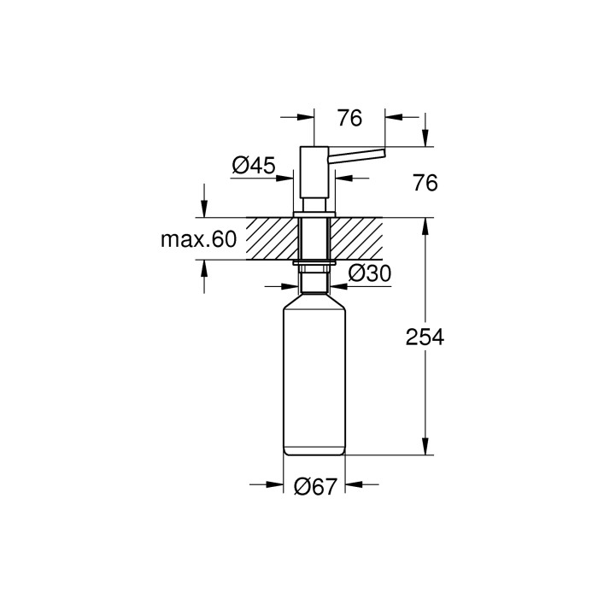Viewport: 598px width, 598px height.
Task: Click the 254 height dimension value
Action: click(425, 337)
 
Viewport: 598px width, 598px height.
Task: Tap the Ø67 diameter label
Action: click(315, 486)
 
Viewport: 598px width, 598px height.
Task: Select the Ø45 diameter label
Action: click(254, 166)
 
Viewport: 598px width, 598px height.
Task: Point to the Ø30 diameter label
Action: click(370, 273)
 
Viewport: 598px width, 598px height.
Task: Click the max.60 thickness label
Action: click(198, 239)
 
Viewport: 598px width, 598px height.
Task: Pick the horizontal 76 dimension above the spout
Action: click(349, 118)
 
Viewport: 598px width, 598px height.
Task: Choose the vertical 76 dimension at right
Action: click(425, 183)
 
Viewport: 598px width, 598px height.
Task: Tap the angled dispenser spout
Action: click(357, 156)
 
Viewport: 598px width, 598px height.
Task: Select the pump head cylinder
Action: click(314, 172)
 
